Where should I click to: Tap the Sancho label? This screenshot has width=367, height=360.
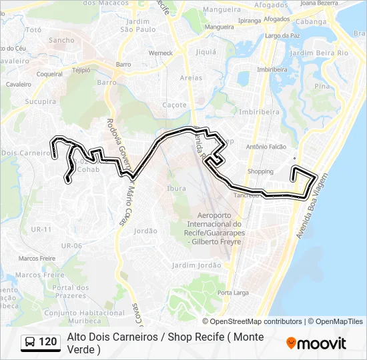(62, 40)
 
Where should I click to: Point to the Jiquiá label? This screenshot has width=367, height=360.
(206, 51)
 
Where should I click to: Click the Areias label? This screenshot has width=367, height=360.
(191, 78)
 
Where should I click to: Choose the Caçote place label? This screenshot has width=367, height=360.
(175, 105)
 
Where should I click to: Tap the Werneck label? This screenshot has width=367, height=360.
(161, 53)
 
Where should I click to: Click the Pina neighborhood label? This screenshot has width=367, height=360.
(322, 86)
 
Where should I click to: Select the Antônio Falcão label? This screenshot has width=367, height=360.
(266, 147)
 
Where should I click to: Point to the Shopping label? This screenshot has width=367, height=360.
(260, 171)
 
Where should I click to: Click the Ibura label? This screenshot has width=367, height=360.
(176, 189)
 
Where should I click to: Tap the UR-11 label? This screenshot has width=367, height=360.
(41, 229)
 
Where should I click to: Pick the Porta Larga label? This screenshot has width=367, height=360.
(237, 293)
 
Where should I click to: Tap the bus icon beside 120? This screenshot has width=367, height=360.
(29, 343)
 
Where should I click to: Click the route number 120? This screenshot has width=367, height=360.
(48, 343)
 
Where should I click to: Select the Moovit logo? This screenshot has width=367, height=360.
(316, 343)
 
